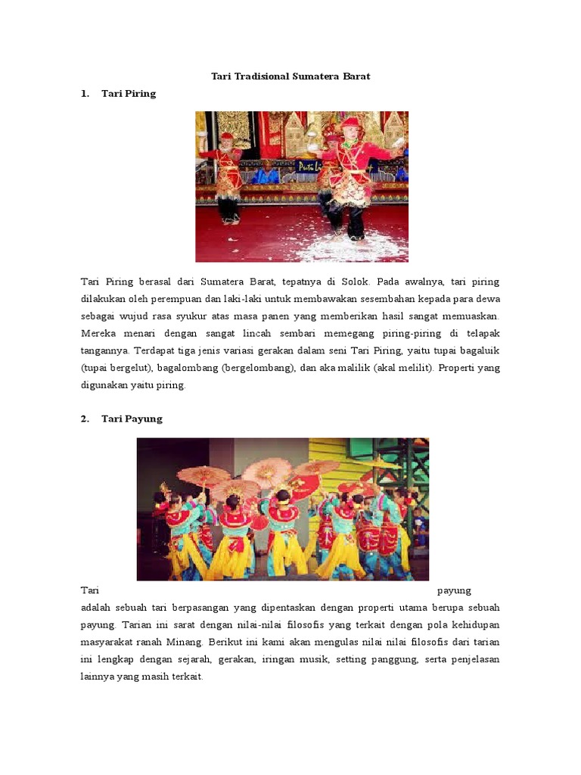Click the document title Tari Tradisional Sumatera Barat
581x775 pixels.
290,77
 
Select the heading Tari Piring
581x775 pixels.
129,94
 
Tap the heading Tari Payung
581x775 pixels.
132,419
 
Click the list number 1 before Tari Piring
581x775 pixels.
85,94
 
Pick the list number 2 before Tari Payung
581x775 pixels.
85,419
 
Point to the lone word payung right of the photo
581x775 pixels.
455,590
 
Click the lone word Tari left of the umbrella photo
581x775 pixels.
90,590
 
